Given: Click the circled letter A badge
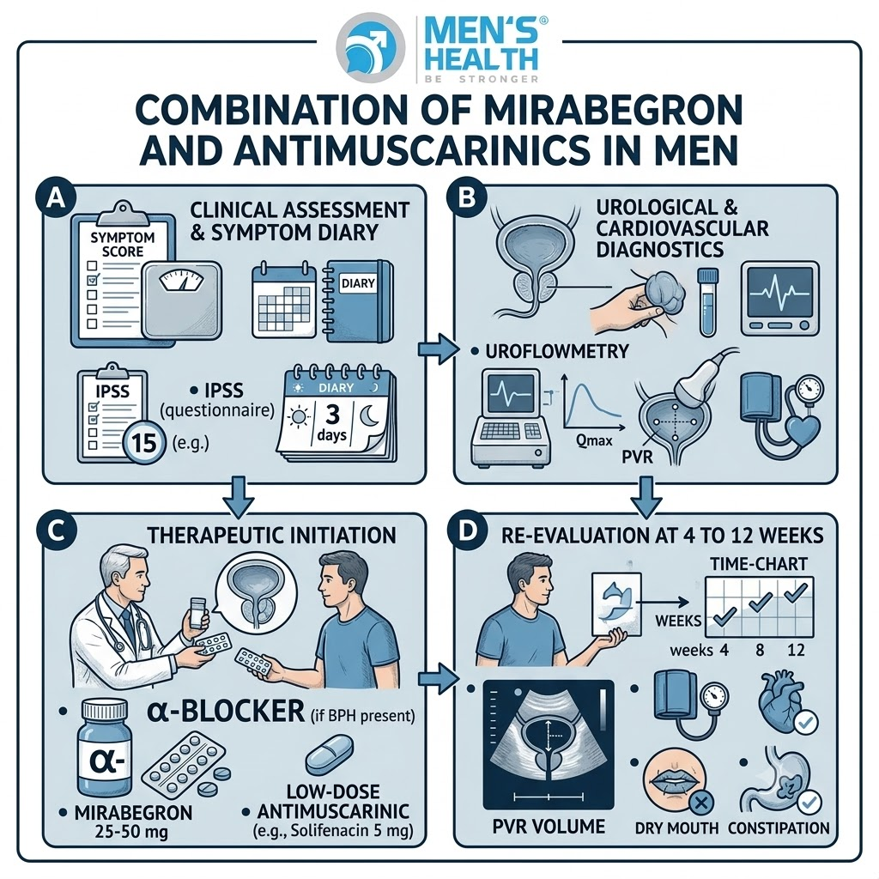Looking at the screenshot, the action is (x=55, y=198).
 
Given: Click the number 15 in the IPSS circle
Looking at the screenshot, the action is (x=144, y=443).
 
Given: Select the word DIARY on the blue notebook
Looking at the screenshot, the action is (x=358, y=282).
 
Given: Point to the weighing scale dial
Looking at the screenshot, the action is (x=181, y=280).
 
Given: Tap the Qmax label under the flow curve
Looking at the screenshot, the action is (x=594, y=440).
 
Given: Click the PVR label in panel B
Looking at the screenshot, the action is (x=638, y=457).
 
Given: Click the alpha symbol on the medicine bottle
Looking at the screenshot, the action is (x=107, y=761).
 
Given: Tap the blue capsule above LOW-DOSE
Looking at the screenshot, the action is (x=330, y=755).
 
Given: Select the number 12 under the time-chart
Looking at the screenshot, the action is (x=796, y=650).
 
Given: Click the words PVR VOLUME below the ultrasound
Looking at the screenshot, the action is (x=549, y=827).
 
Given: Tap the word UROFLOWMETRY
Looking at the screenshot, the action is (x=556, y=351).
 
